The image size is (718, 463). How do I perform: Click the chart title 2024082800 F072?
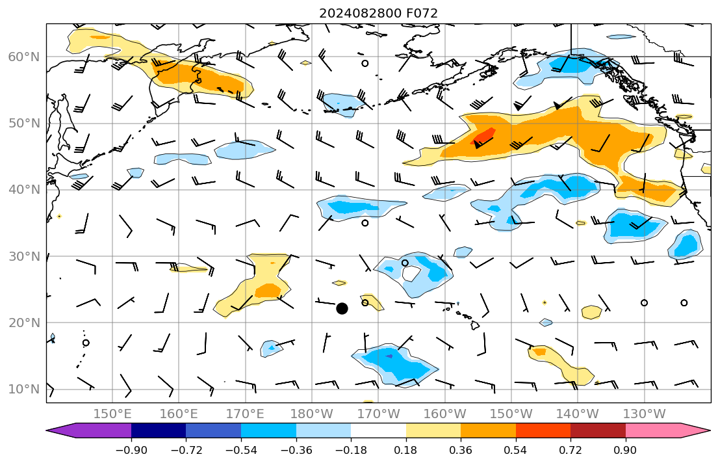(x=378, y=13)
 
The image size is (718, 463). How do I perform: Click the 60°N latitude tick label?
(x=23, y=57)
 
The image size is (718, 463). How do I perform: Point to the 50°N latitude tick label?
(x=23, y=124)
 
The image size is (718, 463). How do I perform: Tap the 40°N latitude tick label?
(x=23, y=190)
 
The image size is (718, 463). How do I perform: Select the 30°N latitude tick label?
(x=23, y=256)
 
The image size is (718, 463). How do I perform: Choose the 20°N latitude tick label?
(x=23, y=323)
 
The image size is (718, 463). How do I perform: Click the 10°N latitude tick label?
(x=23, y=390)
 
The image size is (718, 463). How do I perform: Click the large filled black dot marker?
(x=342, y=308)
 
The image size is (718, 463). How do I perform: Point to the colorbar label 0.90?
(x=625, y=450)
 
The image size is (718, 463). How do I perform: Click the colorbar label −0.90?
(x=131, y=450)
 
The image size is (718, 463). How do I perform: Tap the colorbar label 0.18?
(x=405, y=450)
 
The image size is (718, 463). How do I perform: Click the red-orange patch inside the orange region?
(x=484, y=136)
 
